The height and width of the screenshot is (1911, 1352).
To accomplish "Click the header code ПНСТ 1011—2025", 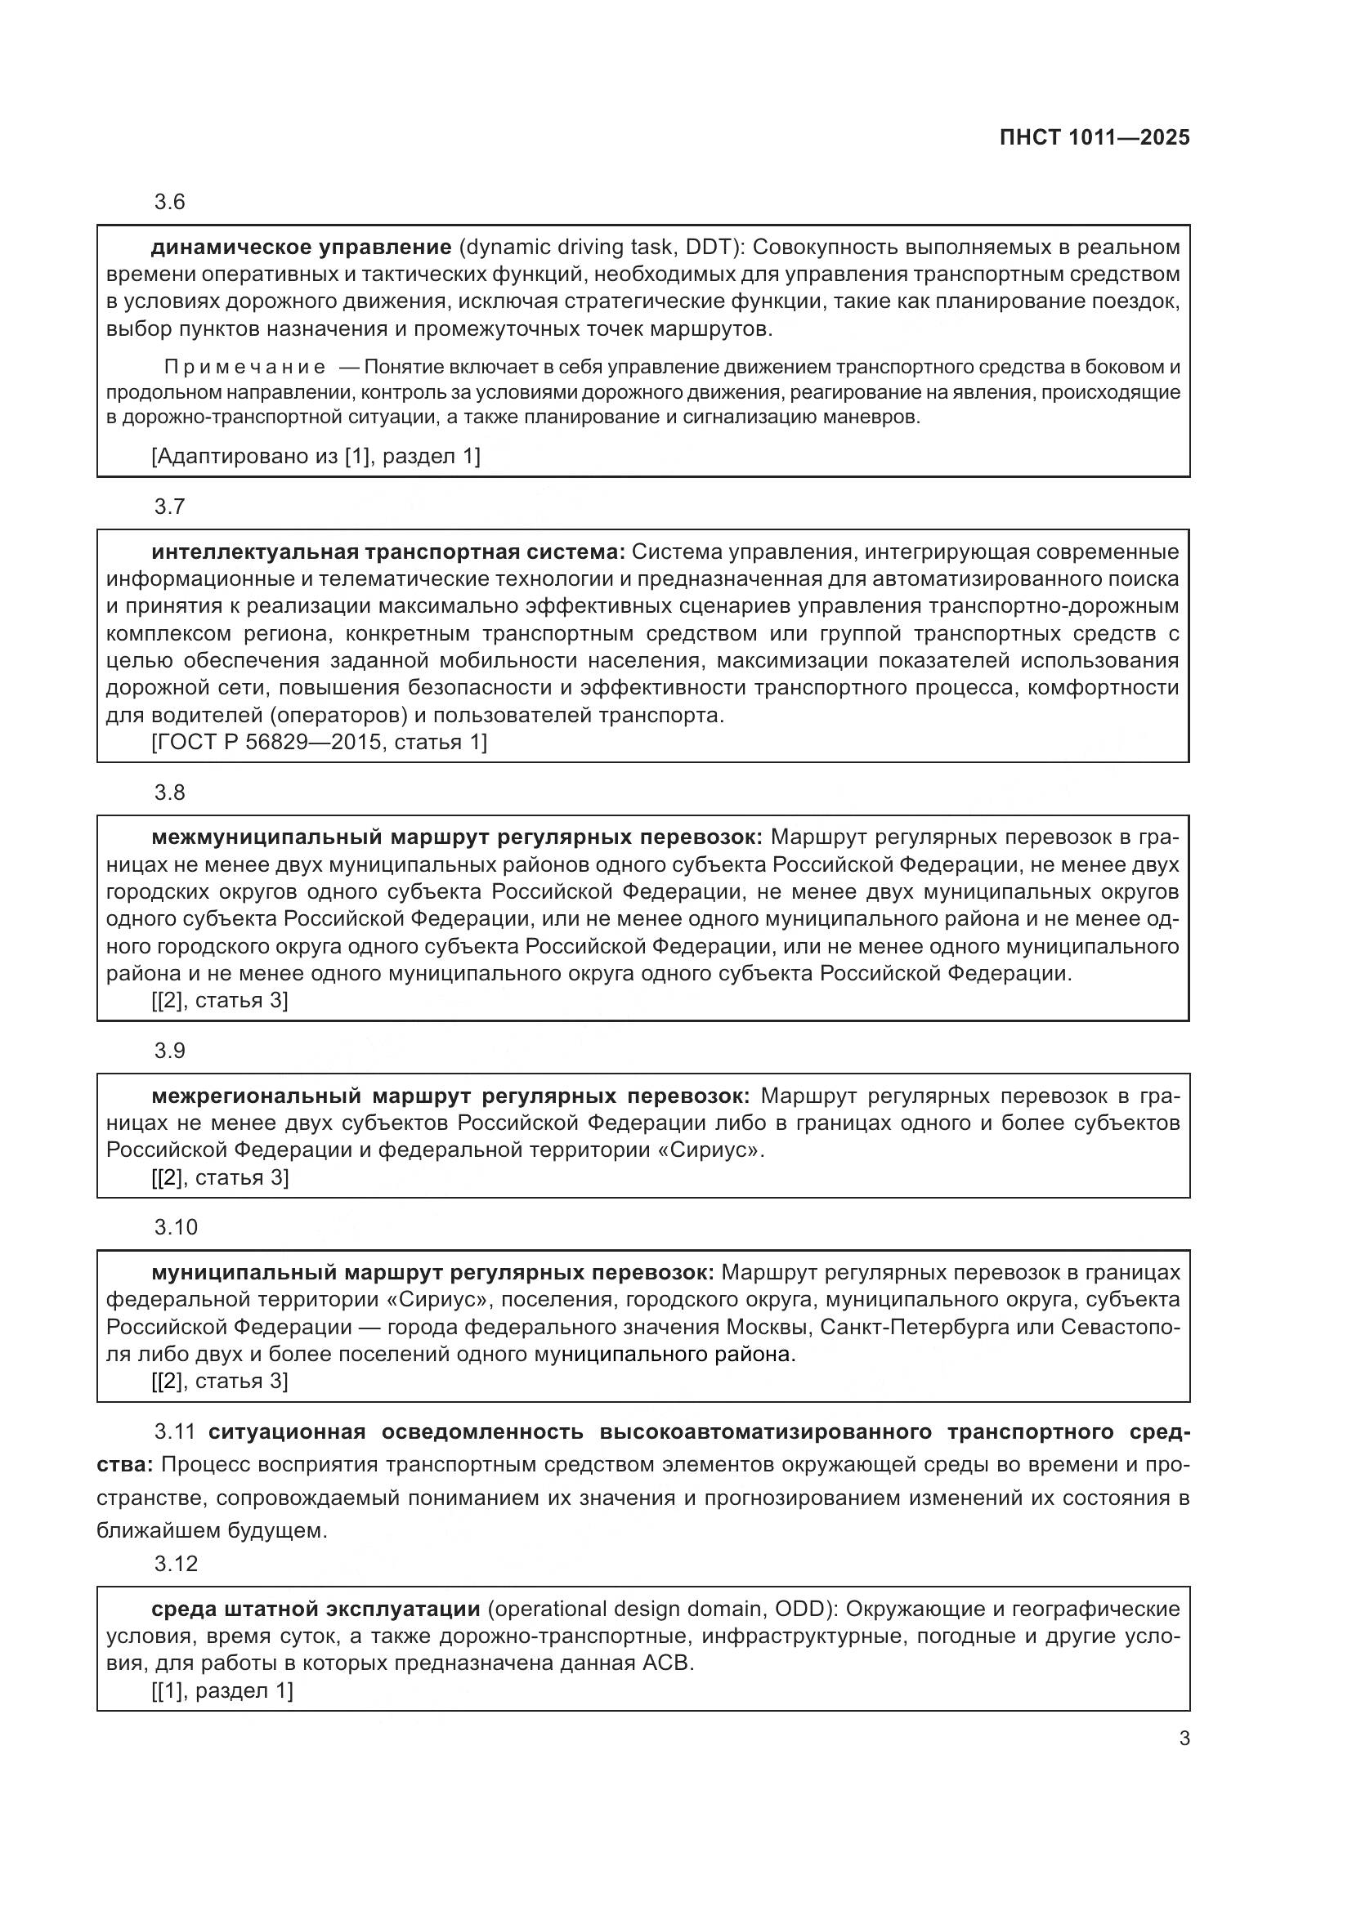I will coord(1094,138).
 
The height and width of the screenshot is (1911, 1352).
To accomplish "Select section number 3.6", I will coord(170,203).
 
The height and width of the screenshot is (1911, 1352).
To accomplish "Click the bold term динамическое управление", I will coord(302,248).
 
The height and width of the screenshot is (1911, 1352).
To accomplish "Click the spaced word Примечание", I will coord(244,367).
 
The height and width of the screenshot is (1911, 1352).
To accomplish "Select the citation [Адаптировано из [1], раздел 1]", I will coord(316,456).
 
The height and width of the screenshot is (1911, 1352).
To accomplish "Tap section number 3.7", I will coord(170,507).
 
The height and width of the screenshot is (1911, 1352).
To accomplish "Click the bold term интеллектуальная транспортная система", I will coord(387,551).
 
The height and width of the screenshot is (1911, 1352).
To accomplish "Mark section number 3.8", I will coord(170,793).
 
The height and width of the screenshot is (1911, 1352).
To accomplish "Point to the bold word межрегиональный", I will coord(257,1096).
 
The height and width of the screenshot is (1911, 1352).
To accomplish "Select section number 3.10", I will coord(176,1227).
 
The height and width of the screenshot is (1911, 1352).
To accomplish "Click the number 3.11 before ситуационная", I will coord(175,1431).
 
